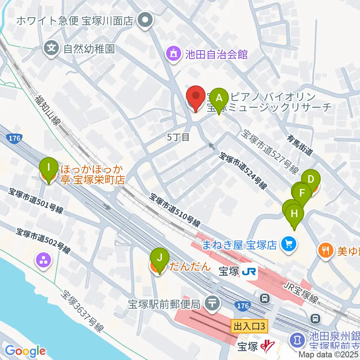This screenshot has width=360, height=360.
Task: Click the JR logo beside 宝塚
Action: click(x=249, y=271)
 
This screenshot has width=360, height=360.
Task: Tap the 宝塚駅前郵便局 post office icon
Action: click(x=212, y=301)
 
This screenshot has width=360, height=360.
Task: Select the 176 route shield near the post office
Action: click(x=242, y=306)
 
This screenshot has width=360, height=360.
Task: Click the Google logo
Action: click(x=25, y=351)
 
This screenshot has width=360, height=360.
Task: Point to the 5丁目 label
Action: click(x=178, y=137)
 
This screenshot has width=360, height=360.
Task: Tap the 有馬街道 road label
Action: click(x=300, y=146)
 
